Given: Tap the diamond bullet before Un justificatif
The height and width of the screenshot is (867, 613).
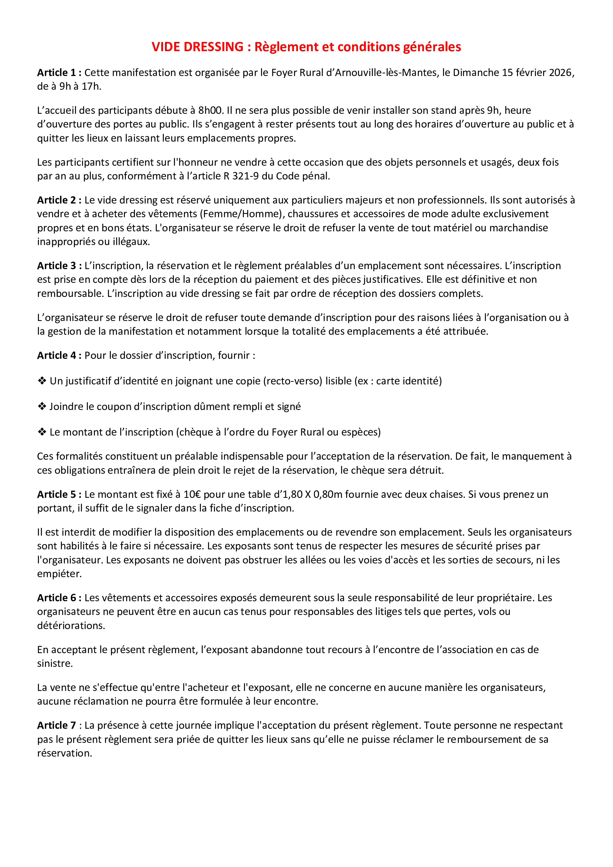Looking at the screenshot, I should pos(42,381).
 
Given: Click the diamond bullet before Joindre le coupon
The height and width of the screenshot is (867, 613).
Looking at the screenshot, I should pos(42,406).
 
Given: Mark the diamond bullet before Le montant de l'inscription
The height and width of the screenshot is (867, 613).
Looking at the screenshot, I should pos(42,432).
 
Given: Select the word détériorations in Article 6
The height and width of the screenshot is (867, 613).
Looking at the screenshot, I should pos(70,626).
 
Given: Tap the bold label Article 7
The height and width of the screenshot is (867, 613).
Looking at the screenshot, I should pos(56,725).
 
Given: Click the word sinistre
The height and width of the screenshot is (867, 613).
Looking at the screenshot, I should pos(54,664).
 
